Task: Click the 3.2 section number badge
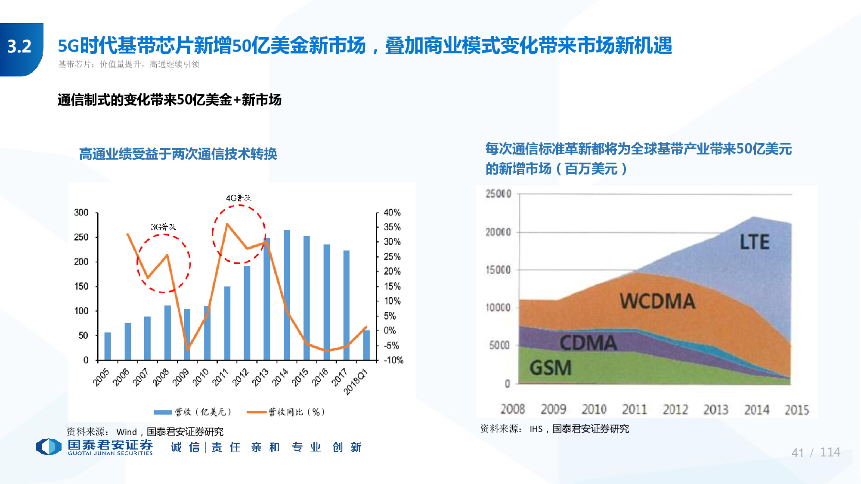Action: point(20,46)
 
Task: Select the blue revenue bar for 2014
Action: point(287,295)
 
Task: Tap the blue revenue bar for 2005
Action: point(108,346)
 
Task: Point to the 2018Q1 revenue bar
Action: point(366,345)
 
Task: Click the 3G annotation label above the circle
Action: point(163,227)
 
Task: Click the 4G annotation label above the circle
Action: point(238,198)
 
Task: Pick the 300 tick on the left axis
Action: point(81,213)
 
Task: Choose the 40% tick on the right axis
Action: point(392,213)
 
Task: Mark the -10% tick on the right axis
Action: point(393,360)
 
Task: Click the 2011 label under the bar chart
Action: point(221,377)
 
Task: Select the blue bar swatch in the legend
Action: point(163,412)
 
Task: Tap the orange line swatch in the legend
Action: point(257,412)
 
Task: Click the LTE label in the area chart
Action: point(754,242)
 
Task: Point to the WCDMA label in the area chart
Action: point(657,301)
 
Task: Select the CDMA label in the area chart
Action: point(588,343)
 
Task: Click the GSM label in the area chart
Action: point(551,368)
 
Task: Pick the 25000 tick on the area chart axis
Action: point(499,194)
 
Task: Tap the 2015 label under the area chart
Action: point(797,410)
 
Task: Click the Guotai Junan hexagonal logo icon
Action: point(48,447)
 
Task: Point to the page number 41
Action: point(798,453)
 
